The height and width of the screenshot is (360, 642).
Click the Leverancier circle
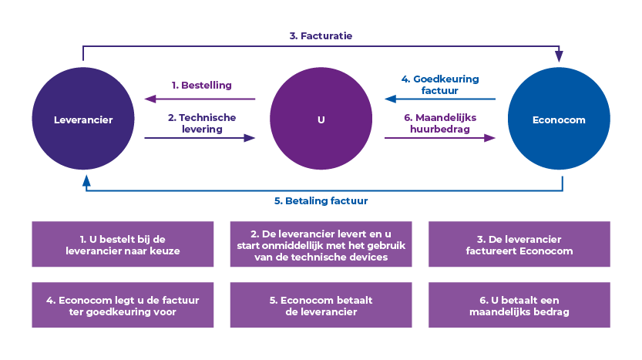pyautogui.click(x=83, y=120)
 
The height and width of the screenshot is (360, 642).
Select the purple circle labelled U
pyautogui.click(x=321, y=120)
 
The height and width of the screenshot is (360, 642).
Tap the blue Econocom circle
pyautogui.click(x=558, y=120)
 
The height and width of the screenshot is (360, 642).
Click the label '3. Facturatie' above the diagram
pyautogui.click(x=321, y=35)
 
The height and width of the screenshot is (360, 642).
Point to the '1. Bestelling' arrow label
pyautogui.click(x=202, y=85)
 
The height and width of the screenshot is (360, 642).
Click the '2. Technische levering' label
pyautogui.click(x=202, y=123)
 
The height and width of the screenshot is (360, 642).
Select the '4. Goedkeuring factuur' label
pyautogui.click(x=440, y=85)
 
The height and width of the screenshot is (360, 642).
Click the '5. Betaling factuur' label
pyautogui.click(x=321, y=202)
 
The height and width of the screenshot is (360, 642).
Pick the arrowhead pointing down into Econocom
pyautogui.click(x=559, y=56)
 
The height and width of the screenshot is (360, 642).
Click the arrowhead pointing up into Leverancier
pyautogui.click(x=85, y=182)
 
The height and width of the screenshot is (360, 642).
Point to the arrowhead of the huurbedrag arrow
pyautogui.click(x=489, y=137)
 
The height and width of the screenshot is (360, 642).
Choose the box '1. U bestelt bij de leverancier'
pyautogui.click(x=123, y=244)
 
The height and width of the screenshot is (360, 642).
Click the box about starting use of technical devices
pyautogui.click(x=321, y=244)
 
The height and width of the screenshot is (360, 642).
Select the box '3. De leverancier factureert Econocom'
pyautogui.click(x=519, y=244)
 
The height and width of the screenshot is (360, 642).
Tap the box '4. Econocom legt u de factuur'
pyautogui.click(x=123, y=304)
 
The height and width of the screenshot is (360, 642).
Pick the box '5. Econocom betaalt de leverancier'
pyautogui.click(x=321, y=304)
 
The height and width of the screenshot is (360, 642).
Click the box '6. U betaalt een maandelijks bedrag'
pyautogui.click(x=519, y=304)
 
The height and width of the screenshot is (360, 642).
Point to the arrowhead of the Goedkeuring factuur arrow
pyautogui.click(x=390, y=99)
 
